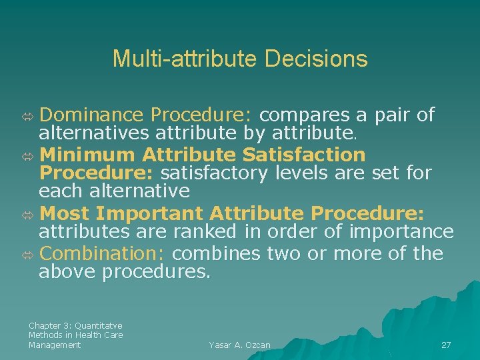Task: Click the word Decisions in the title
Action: (316, 59)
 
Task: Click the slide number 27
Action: (446, 345)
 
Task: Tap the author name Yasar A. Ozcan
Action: (239, 345)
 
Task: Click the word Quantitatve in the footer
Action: (99, 325)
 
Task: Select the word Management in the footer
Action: (55, 345)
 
